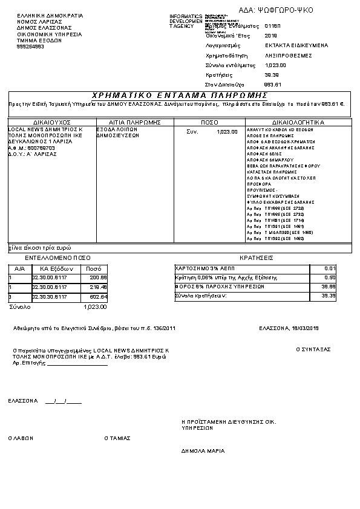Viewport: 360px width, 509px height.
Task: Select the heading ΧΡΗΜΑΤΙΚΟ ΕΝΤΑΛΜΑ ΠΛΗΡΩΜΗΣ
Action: pyautogui.click(x=179, y=96)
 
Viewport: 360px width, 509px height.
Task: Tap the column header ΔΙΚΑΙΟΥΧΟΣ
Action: pyautogui.click(x=52, y=122)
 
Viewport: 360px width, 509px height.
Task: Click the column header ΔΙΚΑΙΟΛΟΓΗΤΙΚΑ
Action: pyautogui.click(x=298, y=122)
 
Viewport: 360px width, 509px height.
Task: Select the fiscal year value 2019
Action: pyautogui.click(x=270, y=35)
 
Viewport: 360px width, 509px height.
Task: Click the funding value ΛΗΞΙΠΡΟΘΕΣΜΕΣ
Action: pyautogui.click(x=289, y=55)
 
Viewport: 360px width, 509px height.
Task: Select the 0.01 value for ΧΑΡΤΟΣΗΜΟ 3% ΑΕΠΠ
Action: pyautogui.click(x=330, y=268)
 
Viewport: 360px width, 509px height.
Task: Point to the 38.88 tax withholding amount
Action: pyautogui.click(x=329, y=287)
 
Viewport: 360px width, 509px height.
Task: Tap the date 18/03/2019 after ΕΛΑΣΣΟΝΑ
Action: pyautogui.click(x=306, y=328)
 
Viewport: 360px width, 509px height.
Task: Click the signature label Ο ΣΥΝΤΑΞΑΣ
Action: pyautogui.click(x=313, y=349)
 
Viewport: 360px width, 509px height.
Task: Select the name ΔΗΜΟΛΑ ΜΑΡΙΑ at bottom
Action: pyautogui.click(x=203, y=451)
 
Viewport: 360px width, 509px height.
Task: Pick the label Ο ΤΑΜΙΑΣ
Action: pyautogui.click(x=117, y=438)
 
